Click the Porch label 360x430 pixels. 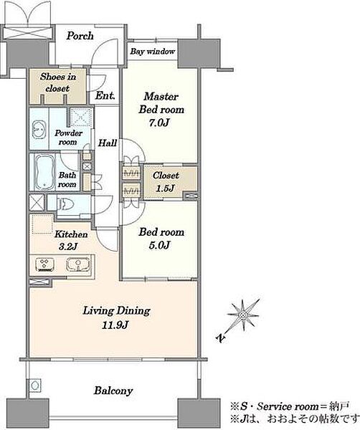coord(80,36)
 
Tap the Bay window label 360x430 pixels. coord(152,52)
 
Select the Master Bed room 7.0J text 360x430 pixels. coord(161,110)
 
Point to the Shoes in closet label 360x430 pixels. coord(58,82)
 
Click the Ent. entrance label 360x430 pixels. coord(105,96)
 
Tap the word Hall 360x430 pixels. coord(108,143)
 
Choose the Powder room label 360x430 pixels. coord(68,138)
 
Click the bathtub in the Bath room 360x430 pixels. coord(44,172)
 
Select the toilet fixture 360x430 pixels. coord(65,204)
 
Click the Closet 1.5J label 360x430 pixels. coord(166,181)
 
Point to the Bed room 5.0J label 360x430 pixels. coord(161,239)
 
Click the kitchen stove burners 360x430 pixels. coord(44,265)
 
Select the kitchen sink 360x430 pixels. coord(78,264)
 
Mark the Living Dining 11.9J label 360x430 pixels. coord(116,317)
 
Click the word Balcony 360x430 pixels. coord(113,391)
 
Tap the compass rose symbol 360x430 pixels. coord(243,315)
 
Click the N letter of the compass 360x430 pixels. coord(221,338)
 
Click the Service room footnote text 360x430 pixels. coord(290,406)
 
